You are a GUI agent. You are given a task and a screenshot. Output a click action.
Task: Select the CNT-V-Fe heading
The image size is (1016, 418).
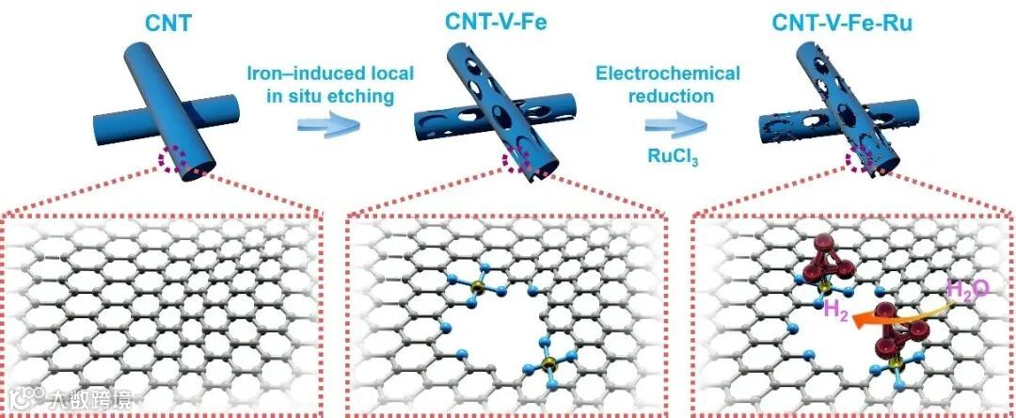point(502,18)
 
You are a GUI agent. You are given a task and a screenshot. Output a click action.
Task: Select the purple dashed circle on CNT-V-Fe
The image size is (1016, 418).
point(518,162)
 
